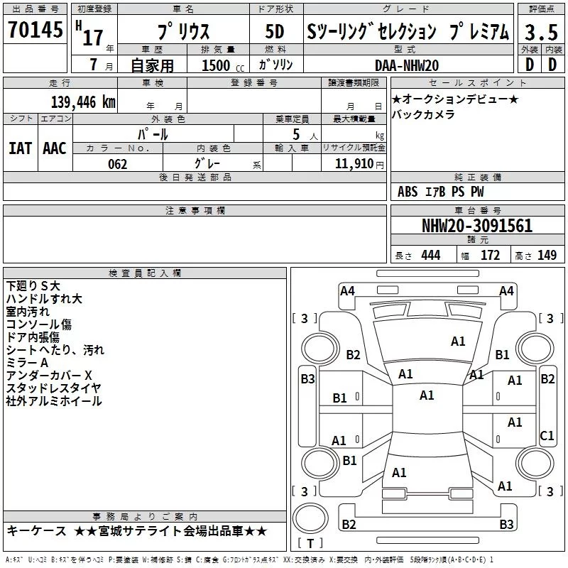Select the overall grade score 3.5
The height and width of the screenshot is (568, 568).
pos(540,32)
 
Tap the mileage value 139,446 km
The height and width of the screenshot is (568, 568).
pos(83,102)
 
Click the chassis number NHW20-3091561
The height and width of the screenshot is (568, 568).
pos(476,226)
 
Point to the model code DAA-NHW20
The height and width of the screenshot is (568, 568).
pos(406,65)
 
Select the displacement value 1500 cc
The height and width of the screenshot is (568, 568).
pos(221,66)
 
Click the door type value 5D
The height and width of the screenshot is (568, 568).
pos(274,32)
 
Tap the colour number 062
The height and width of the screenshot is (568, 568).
pos(117,164)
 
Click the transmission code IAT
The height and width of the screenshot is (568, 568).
pos(20,148)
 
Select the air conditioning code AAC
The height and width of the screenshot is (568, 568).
pos(55,148)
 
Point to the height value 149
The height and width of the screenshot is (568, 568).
pos(547,255)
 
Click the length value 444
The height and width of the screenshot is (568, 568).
pos(430,255)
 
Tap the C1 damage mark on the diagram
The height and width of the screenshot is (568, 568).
pos(547,435)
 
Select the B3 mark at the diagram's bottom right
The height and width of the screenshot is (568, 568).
pos(506,525)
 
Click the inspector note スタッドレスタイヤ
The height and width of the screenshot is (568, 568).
pos(53,388)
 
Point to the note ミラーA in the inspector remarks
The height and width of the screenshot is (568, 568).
pos(27,362)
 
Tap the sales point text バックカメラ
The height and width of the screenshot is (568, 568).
pos(424,114)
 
